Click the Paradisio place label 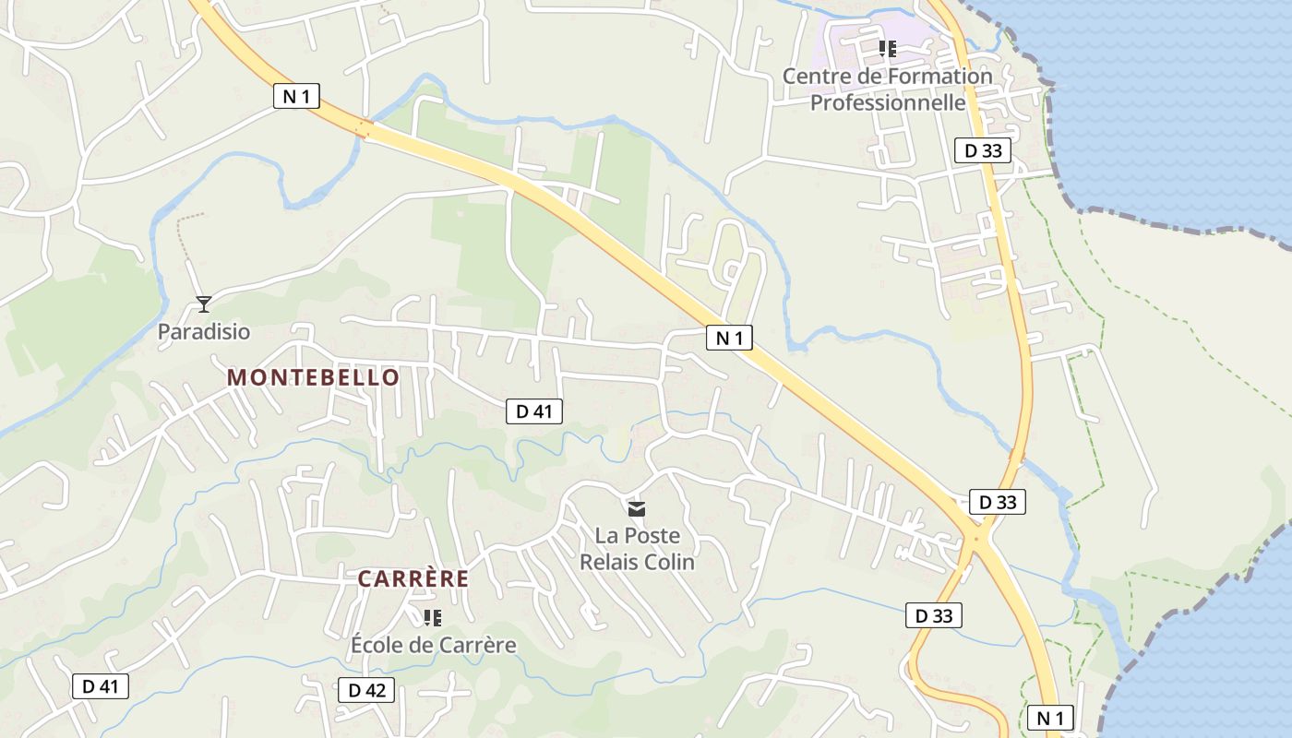point(203,332)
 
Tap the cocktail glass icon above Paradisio point(203,304)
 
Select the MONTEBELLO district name point(313,377)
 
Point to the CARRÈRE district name point(413,579)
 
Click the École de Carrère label point(433,645)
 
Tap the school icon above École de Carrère point(432,617)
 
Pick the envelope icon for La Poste point(637,508)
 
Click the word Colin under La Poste point(668,562)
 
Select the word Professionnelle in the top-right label point(888,102)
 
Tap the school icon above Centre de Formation point(887,48)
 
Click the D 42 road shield point(366,690)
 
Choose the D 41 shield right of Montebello point(533,411)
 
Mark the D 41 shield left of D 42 point(101,686)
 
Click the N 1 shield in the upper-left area point(296,96)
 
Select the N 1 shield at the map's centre point(729,339)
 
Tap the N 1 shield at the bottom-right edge point(1050,718)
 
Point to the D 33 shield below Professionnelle point(982,150)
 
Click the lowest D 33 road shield point(934,615)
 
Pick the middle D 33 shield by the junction point(998,503)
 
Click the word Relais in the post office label point(607,562)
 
